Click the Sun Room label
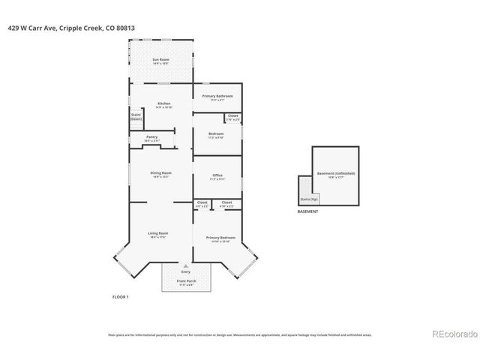(160, 60)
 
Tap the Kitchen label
(163, 104)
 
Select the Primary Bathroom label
(217, 97)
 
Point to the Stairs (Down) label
(136, 116)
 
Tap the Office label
(217, 176)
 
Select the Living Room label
(157, 234)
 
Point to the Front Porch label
(185, 282)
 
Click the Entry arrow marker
(185, 266)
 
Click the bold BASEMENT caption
(307, 212)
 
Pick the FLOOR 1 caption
(120, 297)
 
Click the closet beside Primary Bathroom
(233, 117)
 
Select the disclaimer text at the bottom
(239, 335)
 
